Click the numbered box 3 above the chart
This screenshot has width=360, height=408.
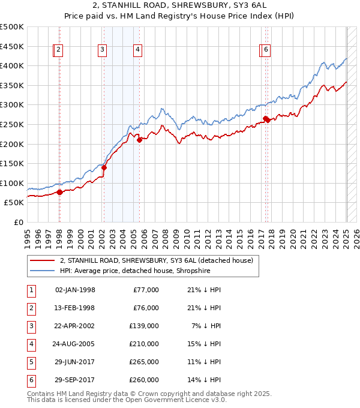click(103, 50)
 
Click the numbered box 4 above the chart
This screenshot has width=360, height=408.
click(137, 50)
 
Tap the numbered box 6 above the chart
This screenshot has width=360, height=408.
click(266, 50)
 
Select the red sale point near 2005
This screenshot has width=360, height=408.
click(139, 140)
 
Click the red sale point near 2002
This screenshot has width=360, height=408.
click(103, 168)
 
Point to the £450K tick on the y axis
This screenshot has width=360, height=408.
click(12, 46)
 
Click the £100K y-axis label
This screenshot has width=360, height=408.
click(12, 183)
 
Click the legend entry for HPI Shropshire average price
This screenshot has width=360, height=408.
click(143, 271)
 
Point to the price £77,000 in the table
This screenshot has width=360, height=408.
click(146, 290)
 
